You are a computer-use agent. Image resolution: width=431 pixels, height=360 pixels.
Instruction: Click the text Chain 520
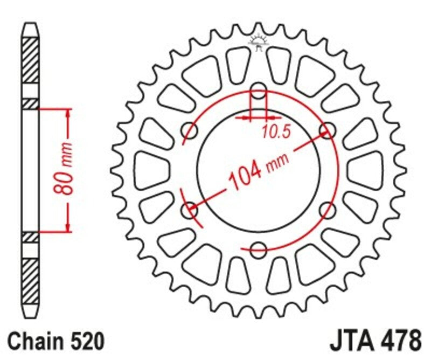click(x=56, y=342)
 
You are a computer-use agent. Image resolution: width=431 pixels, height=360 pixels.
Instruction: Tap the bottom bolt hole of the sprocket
click(x=259, y=249)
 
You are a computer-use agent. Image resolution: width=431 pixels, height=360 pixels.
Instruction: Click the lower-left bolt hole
click(x=190, y=209)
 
